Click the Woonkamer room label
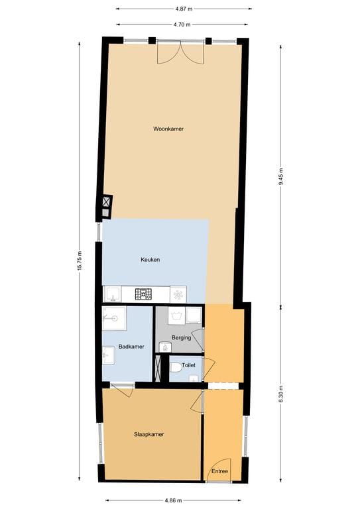click(x=168, y=129)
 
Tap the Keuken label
click(x=150, y=260)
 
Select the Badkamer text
click(x=131, y=347)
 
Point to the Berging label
click(x=181, y=337)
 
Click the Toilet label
click(x=188, y=365)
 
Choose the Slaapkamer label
click(x=149, y=434)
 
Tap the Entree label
click(x=219, y=471)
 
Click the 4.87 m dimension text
click(x=184, y=9)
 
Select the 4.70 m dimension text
click(x=182, y=25)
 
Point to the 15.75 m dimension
click(x=79, y=261)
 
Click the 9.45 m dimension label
click(x=281, y=177)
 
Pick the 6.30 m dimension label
click(x=281, y=394)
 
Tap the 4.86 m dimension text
click(x=173, y=500)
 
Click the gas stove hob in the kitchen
click(x=143, y=294)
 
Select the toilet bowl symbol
click(x=176, y=368)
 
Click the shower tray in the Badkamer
click(x=114, y=318)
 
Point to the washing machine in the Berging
click(x=176, y=315)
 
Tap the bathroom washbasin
click(x=109, y=355)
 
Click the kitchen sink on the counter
click(x=112, y=294)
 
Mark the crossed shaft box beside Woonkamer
click(x=106, y=202)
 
